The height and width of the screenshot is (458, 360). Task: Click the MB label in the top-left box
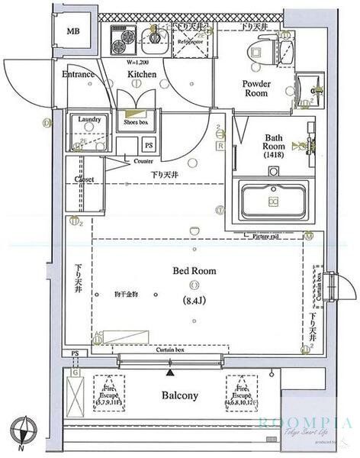pyautogui.click(x=72, y=31)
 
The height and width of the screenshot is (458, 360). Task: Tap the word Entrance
pyautogui.click(x=77, y=75)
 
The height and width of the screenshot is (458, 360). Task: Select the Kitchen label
pyautogui.click(x=141, y=75)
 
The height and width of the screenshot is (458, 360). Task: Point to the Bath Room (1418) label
pyautogui.click(x=274, y=146)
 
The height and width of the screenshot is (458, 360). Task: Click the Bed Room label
pyautogui.click(x=194, y=271)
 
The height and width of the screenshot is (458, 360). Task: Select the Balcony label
pyautogui.click(x=180, y=395)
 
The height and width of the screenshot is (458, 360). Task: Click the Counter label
pyautogui.click(x=143, y=162)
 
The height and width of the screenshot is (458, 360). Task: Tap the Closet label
pyautogui.click(x=84, y=180)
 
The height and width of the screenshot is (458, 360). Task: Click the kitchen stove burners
pyautogui.click(x=123, y=40)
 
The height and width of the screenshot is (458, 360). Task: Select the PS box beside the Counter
pyautogui.click(x=149, y=144)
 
